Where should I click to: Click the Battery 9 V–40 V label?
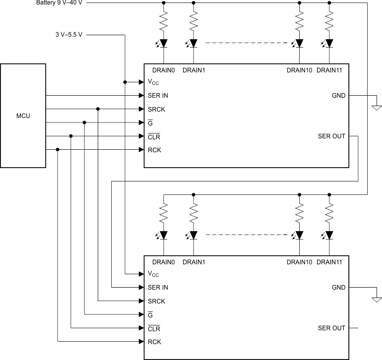(65, 3)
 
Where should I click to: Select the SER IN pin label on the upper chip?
(157, 96)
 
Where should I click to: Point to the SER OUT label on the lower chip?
(331, 328)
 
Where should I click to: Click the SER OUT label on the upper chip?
(331, 136)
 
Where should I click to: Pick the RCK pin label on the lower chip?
(154, 342)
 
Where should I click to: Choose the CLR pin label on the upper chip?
(154, 136)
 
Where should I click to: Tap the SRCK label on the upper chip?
(156, 109)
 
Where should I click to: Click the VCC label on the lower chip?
(153, 274)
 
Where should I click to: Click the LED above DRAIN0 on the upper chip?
(163, 43)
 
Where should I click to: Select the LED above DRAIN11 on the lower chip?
(329, 235)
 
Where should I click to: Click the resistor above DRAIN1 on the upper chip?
(193, 22)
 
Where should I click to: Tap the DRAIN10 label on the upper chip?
(299, 70)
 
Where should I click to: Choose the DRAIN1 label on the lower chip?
(193, 262)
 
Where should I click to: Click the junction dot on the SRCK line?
(98, 109)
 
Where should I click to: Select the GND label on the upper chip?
(338, 96)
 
